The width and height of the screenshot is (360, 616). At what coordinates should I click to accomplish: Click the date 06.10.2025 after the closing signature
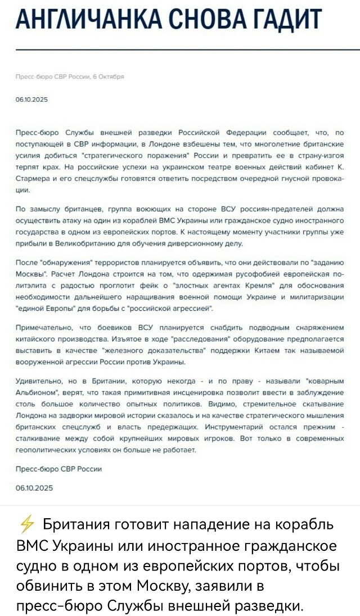pyautogui.click(x=35, y=488)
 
